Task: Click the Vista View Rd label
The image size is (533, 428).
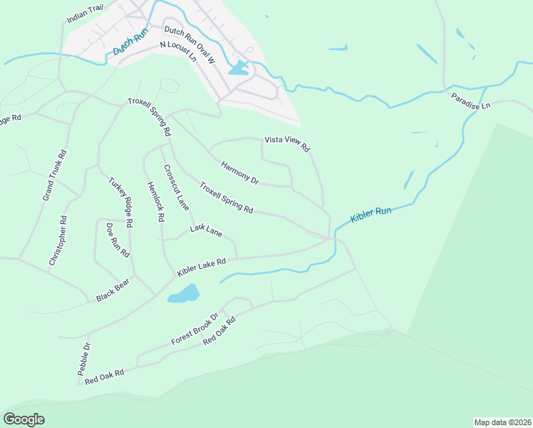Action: (287, 143)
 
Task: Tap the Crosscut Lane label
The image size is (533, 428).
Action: (177, 188)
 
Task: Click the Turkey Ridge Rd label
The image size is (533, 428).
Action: (121, 202)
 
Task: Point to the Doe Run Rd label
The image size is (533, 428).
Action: (118, 240)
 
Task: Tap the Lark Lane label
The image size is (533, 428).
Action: (206, 230)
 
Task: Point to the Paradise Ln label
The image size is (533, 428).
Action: (471, 101)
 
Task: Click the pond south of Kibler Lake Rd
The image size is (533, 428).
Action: (184, 294)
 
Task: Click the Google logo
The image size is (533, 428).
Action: (24, 419)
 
